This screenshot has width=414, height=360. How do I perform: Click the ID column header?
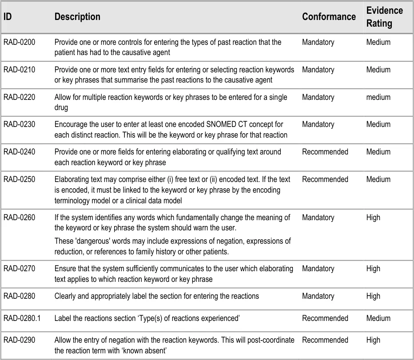(x=8, y=17)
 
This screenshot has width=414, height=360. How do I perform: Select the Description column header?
(x=77, y=17)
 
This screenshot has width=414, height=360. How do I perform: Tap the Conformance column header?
(x=329, y=17)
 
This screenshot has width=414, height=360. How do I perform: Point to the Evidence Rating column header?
(x=385, y=17)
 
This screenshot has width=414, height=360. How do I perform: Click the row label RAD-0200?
(x=19, y=43)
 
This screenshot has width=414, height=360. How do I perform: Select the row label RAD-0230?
(x=19, y=125)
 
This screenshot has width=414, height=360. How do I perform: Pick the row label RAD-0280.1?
(x=22, y=318)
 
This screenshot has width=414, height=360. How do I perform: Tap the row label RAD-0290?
(x=19, y=340)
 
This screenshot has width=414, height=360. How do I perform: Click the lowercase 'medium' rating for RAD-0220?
(x=378, y=97)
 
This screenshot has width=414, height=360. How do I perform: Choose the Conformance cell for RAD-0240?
(x=325, y=152)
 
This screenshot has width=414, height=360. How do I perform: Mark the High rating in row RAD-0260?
(x=373, y=218)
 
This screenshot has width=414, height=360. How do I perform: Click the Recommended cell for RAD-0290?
(x=325, y=340)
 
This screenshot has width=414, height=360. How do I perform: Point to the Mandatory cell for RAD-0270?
(x=318, y=269)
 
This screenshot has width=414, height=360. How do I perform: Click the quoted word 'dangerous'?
(x=90, y=241)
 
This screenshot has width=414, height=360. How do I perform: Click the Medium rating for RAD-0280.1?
(x=378, y=318)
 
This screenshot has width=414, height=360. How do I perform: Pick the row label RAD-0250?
(x=19, y=179)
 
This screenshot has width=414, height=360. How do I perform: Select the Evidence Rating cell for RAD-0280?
(x=373, y=296)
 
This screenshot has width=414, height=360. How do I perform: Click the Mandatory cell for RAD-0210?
(x=318, y=70)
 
